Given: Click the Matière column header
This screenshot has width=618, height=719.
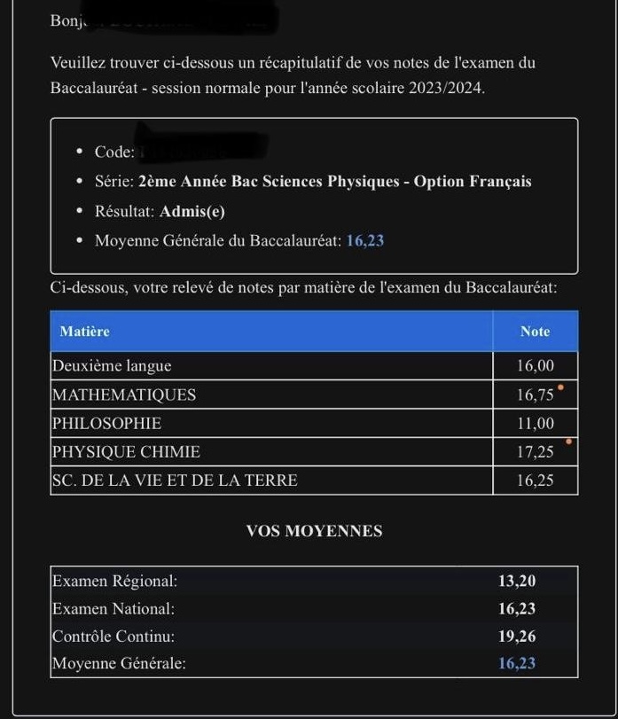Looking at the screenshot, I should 84,332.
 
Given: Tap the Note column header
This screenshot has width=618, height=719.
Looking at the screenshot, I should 535,332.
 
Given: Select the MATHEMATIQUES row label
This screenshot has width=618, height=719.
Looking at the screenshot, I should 124,395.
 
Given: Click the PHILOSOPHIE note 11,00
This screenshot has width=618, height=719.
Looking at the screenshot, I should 535,424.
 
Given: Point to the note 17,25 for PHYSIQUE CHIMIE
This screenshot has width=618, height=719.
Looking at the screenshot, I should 535,452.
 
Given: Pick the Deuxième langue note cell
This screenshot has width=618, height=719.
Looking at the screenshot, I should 535,366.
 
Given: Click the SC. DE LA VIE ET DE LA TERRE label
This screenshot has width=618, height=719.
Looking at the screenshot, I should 175,481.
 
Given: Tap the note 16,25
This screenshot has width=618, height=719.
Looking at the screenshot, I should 535,481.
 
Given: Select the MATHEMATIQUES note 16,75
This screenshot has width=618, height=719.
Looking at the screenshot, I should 535,395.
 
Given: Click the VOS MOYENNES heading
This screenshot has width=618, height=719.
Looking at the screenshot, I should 314,531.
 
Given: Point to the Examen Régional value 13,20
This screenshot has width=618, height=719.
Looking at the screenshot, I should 517,582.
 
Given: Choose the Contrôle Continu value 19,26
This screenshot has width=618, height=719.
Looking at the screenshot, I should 517,637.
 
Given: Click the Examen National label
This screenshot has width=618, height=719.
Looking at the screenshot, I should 113,609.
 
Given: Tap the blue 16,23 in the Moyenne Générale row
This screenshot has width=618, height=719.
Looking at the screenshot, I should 517,663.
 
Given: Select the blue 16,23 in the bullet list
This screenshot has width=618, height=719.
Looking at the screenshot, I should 364,240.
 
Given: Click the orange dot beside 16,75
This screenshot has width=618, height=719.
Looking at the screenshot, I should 560,387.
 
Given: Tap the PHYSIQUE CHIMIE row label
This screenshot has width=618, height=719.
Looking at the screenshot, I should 126,452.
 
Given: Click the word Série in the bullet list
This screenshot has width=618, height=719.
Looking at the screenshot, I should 113,182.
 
